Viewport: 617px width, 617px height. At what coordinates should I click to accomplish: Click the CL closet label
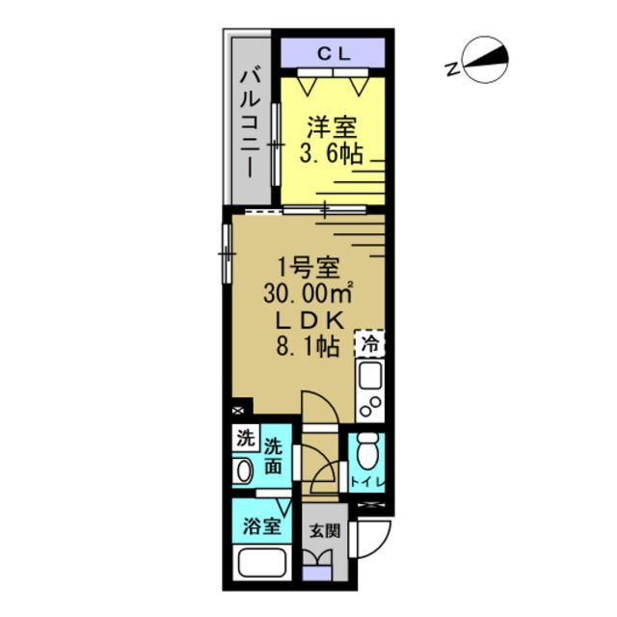[x=333, y=54]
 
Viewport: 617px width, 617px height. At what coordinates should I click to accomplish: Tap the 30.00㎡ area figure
[x=309, y=292]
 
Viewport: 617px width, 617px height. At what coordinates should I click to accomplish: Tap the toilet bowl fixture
[x=366, y=454]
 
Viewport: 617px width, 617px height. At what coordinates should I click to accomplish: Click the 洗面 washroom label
[x=275, y=456]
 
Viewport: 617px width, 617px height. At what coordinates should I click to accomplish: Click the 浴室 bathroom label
[x=261, y=526]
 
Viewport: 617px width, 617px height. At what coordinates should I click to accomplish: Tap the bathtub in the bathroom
[x=261, y=564]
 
